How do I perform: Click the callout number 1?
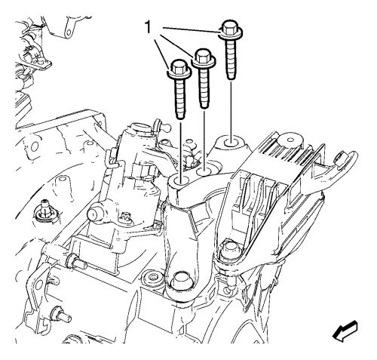149,27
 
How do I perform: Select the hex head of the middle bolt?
203,56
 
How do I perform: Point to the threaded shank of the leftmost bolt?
180,97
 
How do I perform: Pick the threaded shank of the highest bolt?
231,59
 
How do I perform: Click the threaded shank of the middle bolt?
204,88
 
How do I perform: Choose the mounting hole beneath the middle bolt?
204,171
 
